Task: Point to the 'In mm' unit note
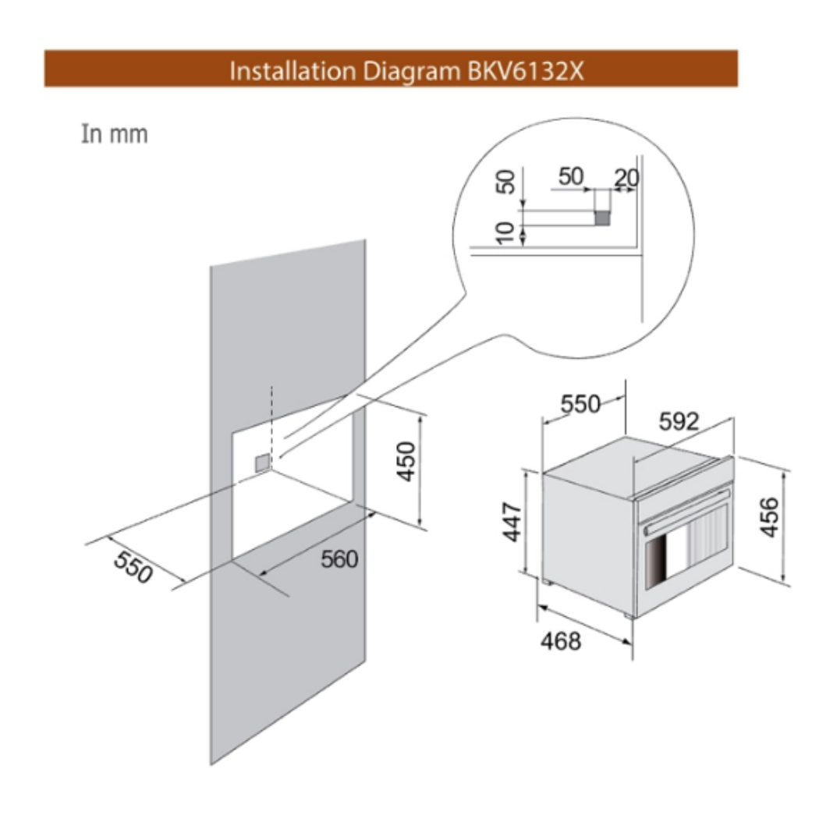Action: pyautogui.click(x=114, y=134)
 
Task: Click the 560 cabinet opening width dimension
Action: pyautogui.click(x=339, y=558)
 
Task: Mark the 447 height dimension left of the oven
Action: pyautogui.click(x=510, y=523)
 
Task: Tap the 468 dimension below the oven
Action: pyautogui.click(x=560, y=641)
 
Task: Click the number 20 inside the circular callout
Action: pyautogui.click(x=626, y=178)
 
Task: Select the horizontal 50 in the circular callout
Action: pyautogui.click(x=571, y=176)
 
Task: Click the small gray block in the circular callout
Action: pyautogui.click(x=601, y=218)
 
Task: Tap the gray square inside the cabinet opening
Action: pyautogui.click(x=263, y=463)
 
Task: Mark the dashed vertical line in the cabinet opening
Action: pyautogui.click(x=271, y=421)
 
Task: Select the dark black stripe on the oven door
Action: pyautogui.click(x=654, y=564)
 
